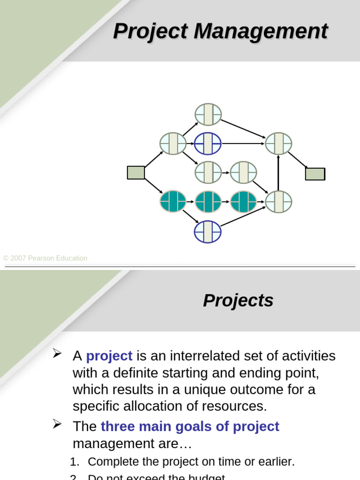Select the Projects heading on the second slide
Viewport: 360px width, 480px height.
[238, 300]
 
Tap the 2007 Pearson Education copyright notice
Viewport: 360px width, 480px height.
[45, 258]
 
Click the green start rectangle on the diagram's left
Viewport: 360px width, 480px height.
[136, 172]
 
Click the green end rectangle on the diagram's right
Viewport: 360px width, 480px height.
[315, 174]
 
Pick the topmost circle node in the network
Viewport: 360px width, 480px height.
[208, 114]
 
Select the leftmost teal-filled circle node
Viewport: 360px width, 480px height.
[173, 202]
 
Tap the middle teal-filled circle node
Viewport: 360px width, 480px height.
[208, 202]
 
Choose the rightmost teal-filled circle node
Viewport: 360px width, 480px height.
[243, 202]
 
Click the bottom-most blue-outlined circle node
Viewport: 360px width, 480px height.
[208, 232]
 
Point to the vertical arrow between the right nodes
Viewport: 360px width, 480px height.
[278, 172]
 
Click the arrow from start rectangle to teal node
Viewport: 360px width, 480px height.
[153, 186]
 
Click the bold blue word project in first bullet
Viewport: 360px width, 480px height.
[109, 356]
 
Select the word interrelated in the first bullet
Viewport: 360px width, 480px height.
[204, 356]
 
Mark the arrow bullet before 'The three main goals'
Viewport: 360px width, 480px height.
[57, 424]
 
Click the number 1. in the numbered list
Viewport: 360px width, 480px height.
[75, 462]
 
